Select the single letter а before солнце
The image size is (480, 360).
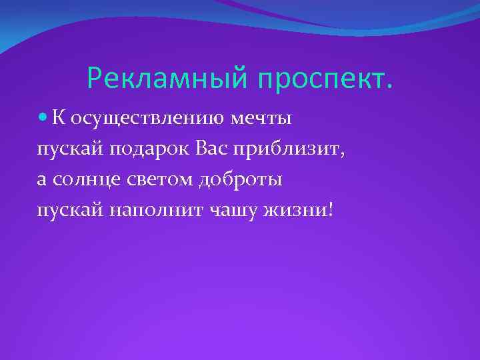tap(42, 179)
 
